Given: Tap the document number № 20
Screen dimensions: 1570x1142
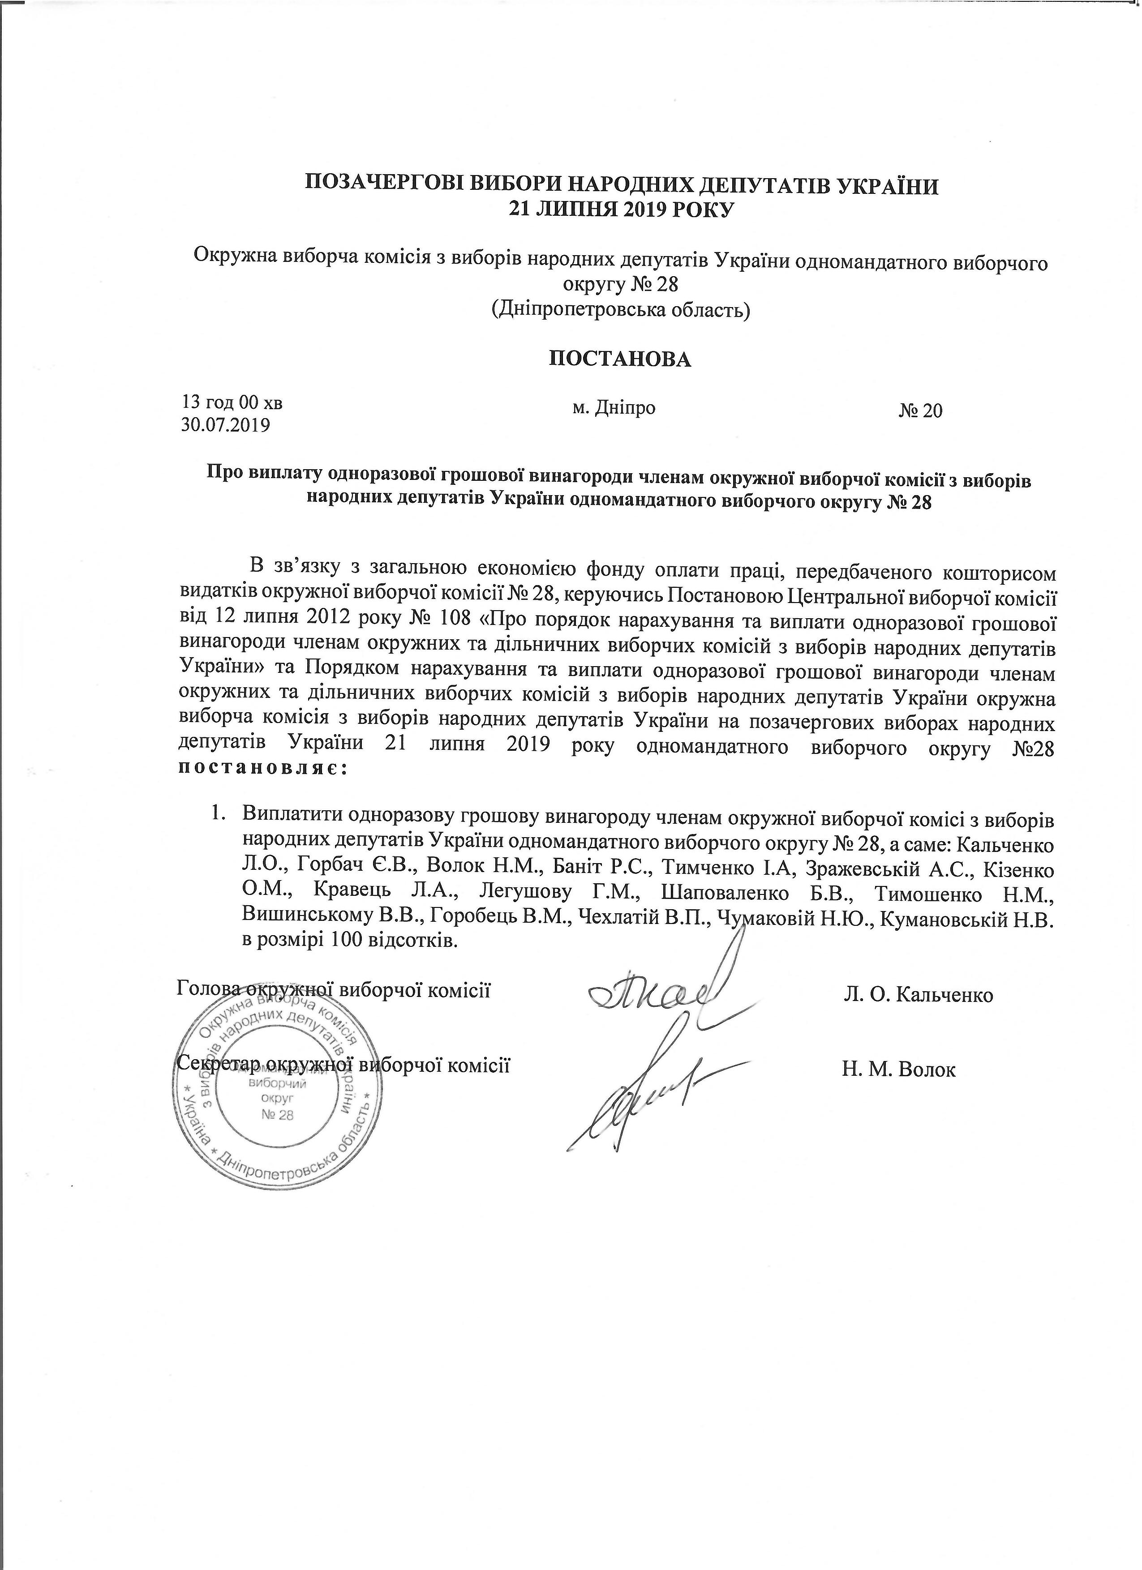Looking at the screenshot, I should point(920,411).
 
